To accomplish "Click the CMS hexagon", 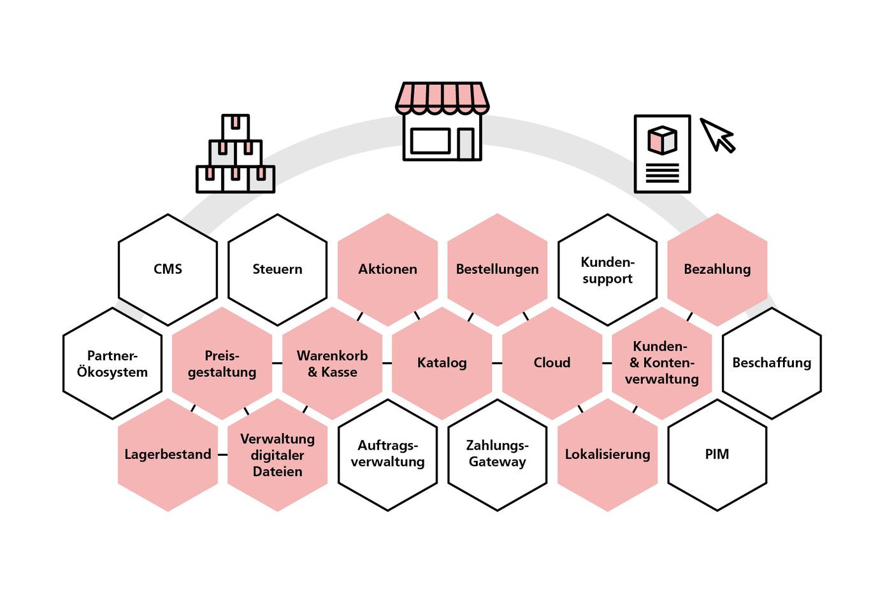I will point(168,269).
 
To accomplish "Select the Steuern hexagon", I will point(277,269).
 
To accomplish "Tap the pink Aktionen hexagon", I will point(387,269).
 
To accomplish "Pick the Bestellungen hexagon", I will point(497,269).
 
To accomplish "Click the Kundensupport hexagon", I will point(607,270).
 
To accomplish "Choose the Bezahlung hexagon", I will point(717,269).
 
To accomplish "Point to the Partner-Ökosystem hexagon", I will point(112,364).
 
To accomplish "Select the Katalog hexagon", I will point(442,363).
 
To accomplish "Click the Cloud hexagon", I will point(552,363).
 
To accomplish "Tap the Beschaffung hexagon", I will point(772,363).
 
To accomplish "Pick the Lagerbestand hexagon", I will point(168,455).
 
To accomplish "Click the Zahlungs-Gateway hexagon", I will point(497,454).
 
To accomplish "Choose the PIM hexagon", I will point(717,455).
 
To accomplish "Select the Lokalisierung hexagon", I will point(607,455).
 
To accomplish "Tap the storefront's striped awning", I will point(442,97).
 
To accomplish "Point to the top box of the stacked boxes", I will point(236,127).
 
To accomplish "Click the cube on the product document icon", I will point(663,140).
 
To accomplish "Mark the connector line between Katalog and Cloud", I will point(497,363).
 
